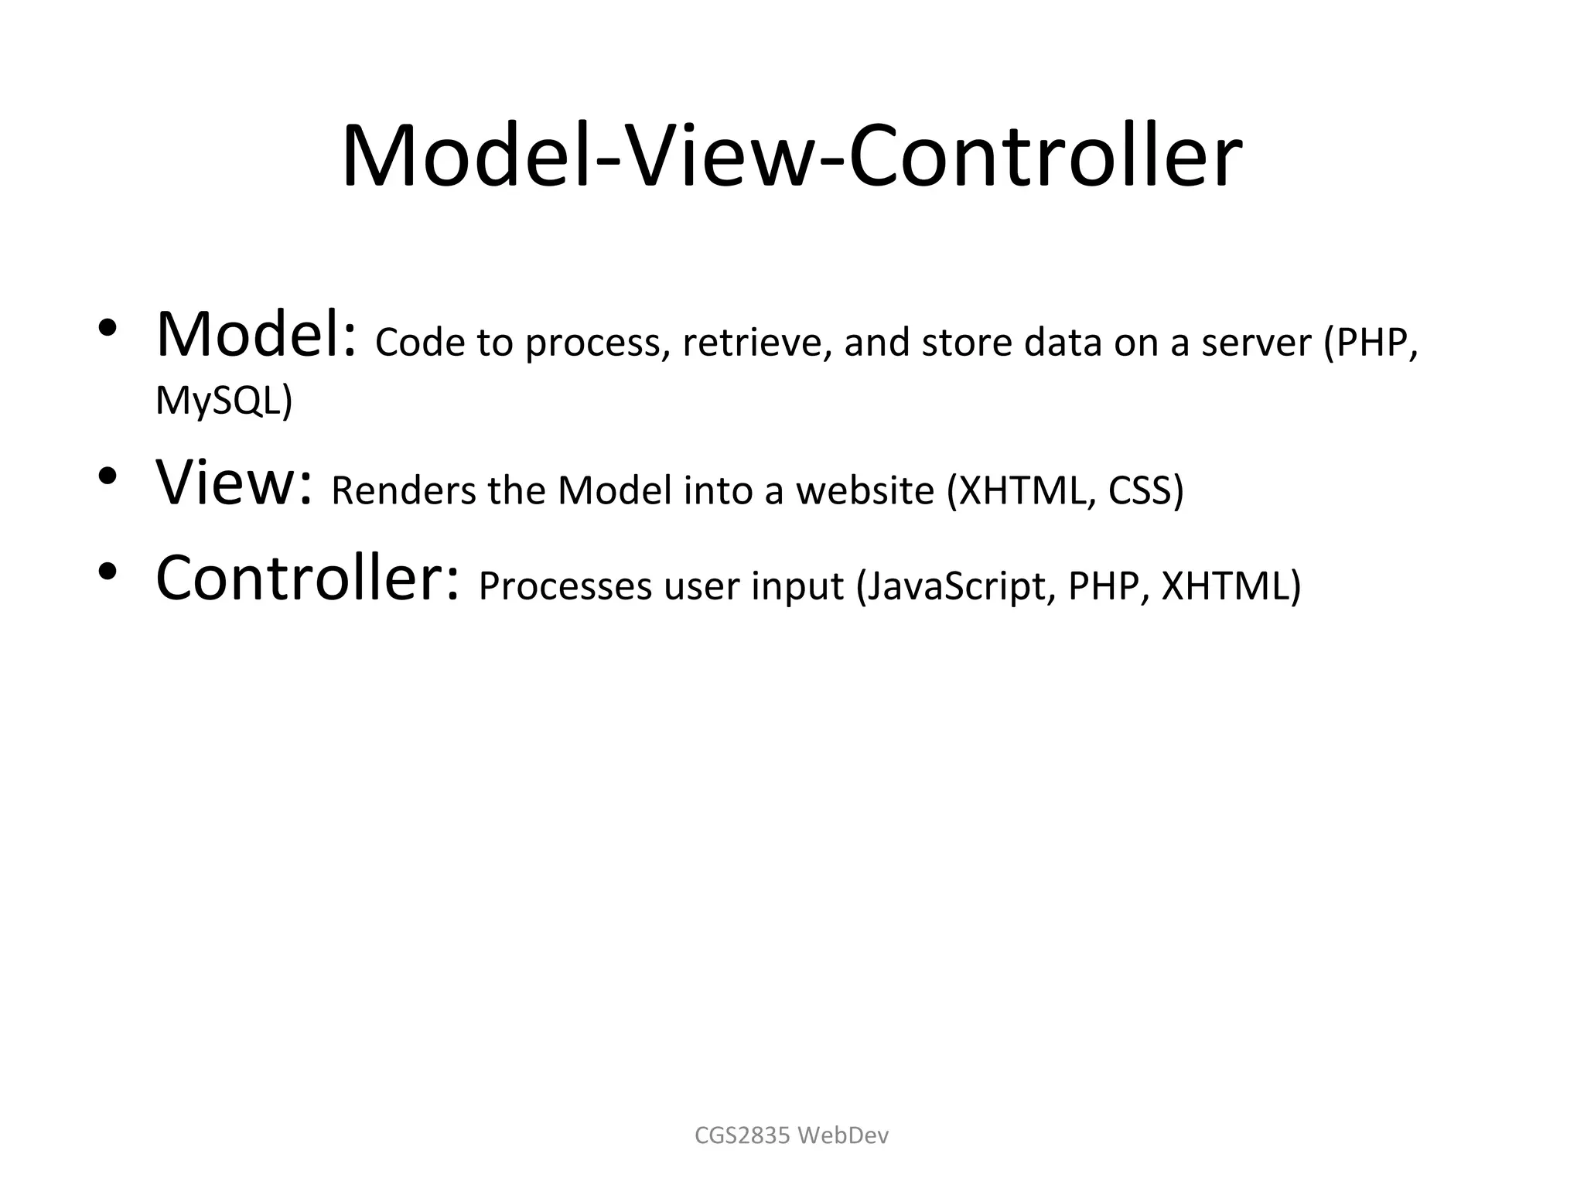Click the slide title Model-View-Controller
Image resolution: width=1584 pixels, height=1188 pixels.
point(791,157)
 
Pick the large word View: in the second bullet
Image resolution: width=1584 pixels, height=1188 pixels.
point(234,483)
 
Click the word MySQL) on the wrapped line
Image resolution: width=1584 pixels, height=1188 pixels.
point(224,401)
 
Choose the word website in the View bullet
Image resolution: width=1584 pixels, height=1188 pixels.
point(865,490)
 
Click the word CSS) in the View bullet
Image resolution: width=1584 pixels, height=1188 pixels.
point(1145,490)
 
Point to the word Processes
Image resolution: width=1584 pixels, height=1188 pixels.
point(565,585)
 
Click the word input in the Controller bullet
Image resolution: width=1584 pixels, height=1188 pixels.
point(797,587)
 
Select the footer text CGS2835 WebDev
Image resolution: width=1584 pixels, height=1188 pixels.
point(791,1135)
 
